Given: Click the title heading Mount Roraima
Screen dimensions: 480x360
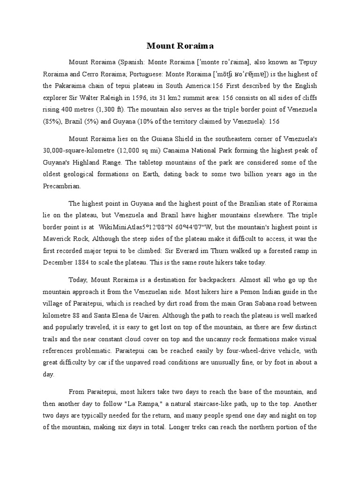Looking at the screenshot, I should (180, 45).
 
